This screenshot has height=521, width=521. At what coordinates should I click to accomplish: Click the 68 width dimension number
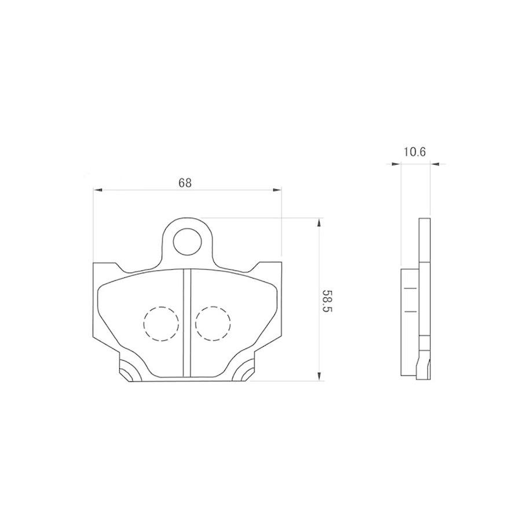185,183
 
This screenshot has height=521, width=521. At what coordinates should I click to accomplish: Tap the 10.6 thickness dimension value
414,152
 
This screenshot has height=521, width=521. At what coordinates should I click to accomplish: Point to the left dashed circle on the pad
160,322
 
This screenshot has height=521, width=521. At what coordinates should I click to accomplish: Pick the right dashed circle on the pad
212,322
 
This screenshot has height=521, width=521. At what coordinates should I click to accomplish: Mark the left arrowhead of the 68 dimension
98,189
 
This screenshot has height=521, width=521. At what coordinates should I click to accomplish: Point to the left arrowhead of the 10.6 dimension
396,164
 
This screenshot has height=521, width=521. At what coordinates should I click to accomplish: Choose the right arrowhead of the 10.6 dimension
435,164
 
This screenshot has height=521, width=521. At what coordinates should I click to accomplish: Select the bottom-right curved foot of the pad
244,371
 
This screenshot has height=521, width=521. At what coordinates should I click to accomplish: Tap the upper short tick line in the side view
410,288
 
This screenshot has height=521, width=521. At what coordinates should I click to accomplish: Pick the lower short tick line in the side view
410,311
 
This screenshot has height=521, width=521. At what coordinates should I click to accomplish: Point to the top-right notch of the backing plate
253,267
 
